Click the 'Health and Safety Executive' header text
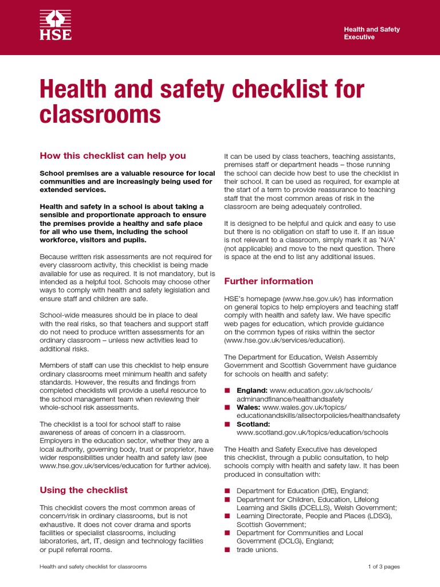(371, 33)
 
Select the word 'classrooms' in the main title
(100, 115)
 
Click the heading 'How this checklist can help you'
(112, 156)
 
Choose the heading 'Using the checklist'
(83, 490)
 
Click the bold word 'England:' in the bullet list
(252, 390)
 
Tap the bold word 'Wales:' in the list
(248, 407)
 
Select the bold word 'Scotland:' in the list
(253, 424)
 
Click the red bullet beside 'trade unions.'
(227, 550)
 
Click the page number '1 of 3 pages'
(383, 567)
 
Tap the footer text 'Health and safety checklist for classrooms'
(93, 567)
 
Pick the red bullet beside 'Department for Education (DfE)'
(227, 491)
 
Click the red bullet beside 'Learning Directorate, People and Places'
(227, 516)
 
